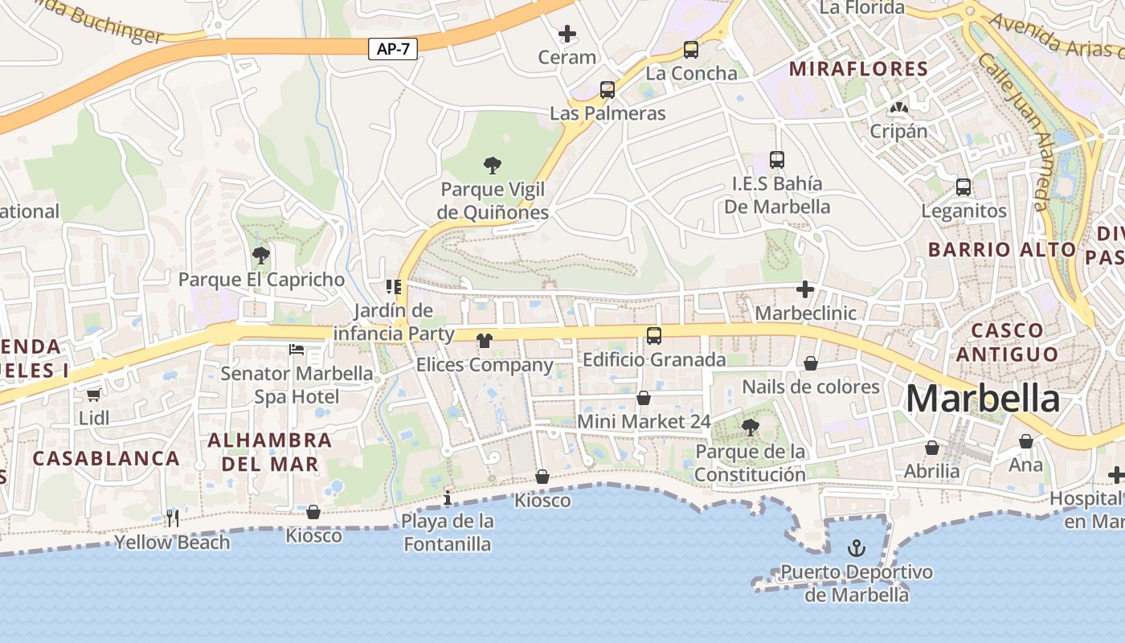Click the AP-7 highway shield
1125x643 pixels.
pos(393,49)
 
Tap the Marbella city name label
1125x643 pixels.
pos(983,399)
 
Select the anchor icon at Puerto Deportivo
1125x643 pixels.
pos(857,549)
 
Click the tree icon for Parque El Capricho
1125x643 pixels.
pos(260,256)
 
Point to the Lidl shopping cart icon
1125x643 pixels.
pos(94,395)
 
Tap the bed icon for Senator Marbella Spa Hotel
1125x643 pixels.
pos(297,350)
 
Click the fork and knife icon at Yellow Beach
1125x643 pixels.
pos(173,518)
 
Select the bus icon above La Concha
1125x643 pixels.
pos(691,50)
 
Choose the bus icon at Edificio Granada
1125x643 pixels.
pos(654,336)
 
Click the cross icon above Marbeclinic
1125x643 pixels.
pos(805,289)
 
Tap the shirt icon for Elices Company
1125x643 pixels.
pos(484,341)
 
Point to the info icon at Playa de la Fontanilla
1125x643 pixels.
pos(448,498)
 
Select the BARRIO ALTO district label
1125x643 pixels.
pos(1001,249)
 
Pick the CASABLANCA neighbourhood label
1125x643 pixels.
pos(106,458)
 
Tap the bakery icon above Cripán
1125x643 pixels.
pos(898,108)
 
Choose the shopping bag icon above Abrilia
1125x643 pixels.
pos(932,448)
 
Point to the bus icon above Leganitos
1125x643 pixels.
pos(963,187)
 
